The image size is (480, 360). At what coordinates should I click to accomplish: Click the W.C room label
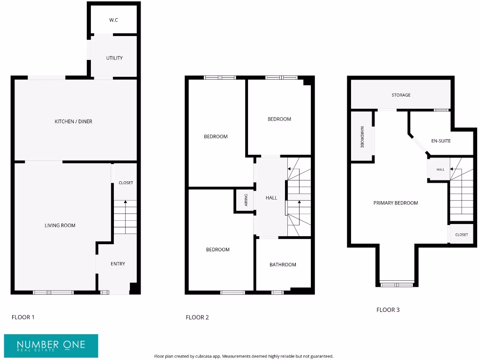(113, 20)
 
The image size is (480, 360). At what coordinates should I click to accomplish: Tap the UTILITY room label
(114, 58)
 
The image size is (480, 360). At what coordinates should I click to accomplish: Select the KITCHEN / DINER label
(74, 121)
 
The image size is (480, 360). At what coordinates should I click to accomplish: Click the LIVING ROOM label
(60, 225)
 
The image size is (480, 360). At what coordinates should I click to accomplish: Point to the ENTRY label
(118, 264)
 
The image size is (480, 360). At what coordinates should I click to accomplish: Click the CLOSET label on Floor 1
(126, 183)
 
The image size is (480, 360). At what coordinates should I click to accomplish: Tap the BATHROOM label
(283, 265)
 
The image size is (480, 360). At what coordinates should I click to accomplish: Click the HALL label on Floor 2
(271, 198)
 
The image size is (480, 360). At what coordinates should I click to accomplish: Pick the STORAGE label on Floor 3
(401, 95)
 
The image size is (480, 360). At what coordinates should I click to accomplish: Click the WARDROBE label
(362, 137)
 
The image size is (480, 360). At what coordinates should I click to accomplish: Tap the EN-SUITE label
(441, 141)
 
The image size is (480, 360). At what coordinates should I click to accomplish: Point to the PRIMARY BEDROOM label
(396, 203)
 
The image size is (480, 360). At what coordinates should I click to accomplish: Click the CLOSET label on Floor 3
(461, 234)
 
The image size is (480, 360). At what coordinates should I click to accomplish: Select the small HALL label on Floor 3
(440, 170)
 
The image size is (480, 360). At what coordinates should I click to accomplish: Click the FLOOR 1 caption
(23, 317)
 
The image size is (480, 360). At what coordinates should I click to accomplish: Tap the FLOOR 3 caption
(388, 310)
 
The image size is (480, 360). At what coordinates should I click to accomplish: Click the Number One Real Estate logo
(52, 346)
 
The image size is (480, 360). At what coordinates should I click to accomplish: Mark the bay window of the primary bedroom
(397, 284)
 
